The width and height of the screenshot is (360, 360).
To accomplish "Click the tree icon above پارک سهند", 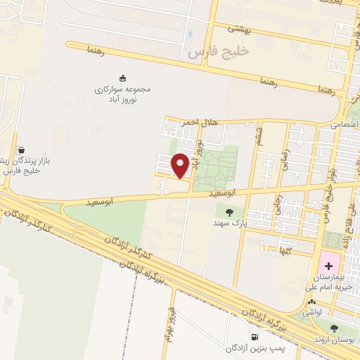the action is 229,211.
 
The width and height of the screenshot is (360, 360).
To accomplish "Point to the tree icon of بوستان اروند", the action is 334,327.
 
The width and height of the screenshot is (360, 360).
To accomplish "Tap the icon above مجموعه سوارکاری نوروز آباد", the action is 123,78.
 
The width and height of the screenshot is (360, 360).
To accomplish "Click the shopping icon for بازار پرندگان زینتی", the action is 22,150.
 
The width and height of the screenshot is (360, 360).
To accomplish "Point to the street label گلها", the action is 284,250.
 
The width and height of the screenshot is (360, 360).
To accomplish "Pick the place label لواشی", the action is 313,309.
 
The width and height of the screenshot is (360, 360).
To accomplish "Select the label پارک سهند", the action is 229,222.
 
